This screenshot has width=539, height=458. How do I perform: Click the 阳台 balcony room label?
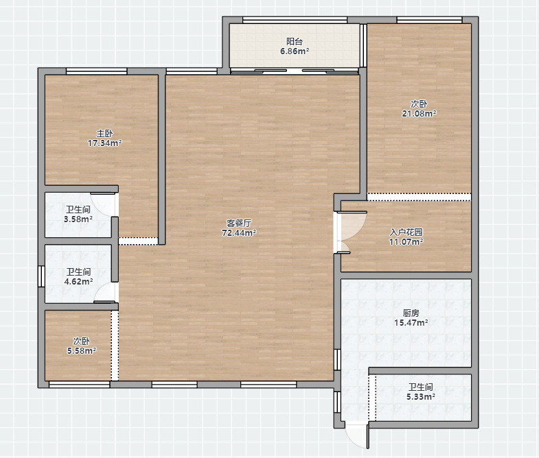(295, 42)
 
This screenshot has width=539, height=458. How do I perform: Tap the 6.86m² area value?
(295, 51)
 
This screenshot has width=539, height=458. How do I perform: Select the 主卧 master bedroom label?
(104, 133)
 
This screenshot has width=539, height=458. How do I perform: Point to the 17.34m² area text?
(104, 143)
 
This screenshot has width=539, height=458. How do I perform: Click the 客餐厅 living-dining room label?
(238, 223)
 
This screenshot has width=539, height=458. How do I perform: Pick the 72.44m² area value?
(238, 233)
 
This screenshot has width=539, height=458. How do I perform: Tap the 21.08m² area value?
(419, 113)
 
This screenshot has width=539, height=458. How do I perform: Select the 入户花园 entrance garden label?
(406, 232)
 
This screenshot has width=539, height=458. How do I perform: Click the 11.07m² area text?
(406, 242)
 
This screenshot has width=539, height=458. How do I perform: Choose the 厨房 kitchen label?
(411, 313)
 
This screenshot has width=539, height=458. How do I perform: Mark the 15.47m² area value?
(411, 323)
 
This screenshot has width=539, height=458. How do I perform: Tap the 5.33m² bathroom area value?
(421, 397)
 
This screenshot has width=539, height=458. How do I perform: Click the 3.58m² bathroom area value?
(78, 219)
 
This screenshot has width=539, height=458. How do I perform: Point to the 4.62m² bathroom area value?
(78, 282)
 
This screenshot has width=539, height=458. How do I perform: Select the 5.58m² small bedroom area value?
(82, 351)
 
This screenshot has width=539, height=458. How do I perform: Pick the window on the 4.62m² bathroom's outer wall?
(41, 276)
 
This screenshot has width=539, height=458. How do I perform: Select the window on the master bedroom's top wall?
(97, 71)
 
